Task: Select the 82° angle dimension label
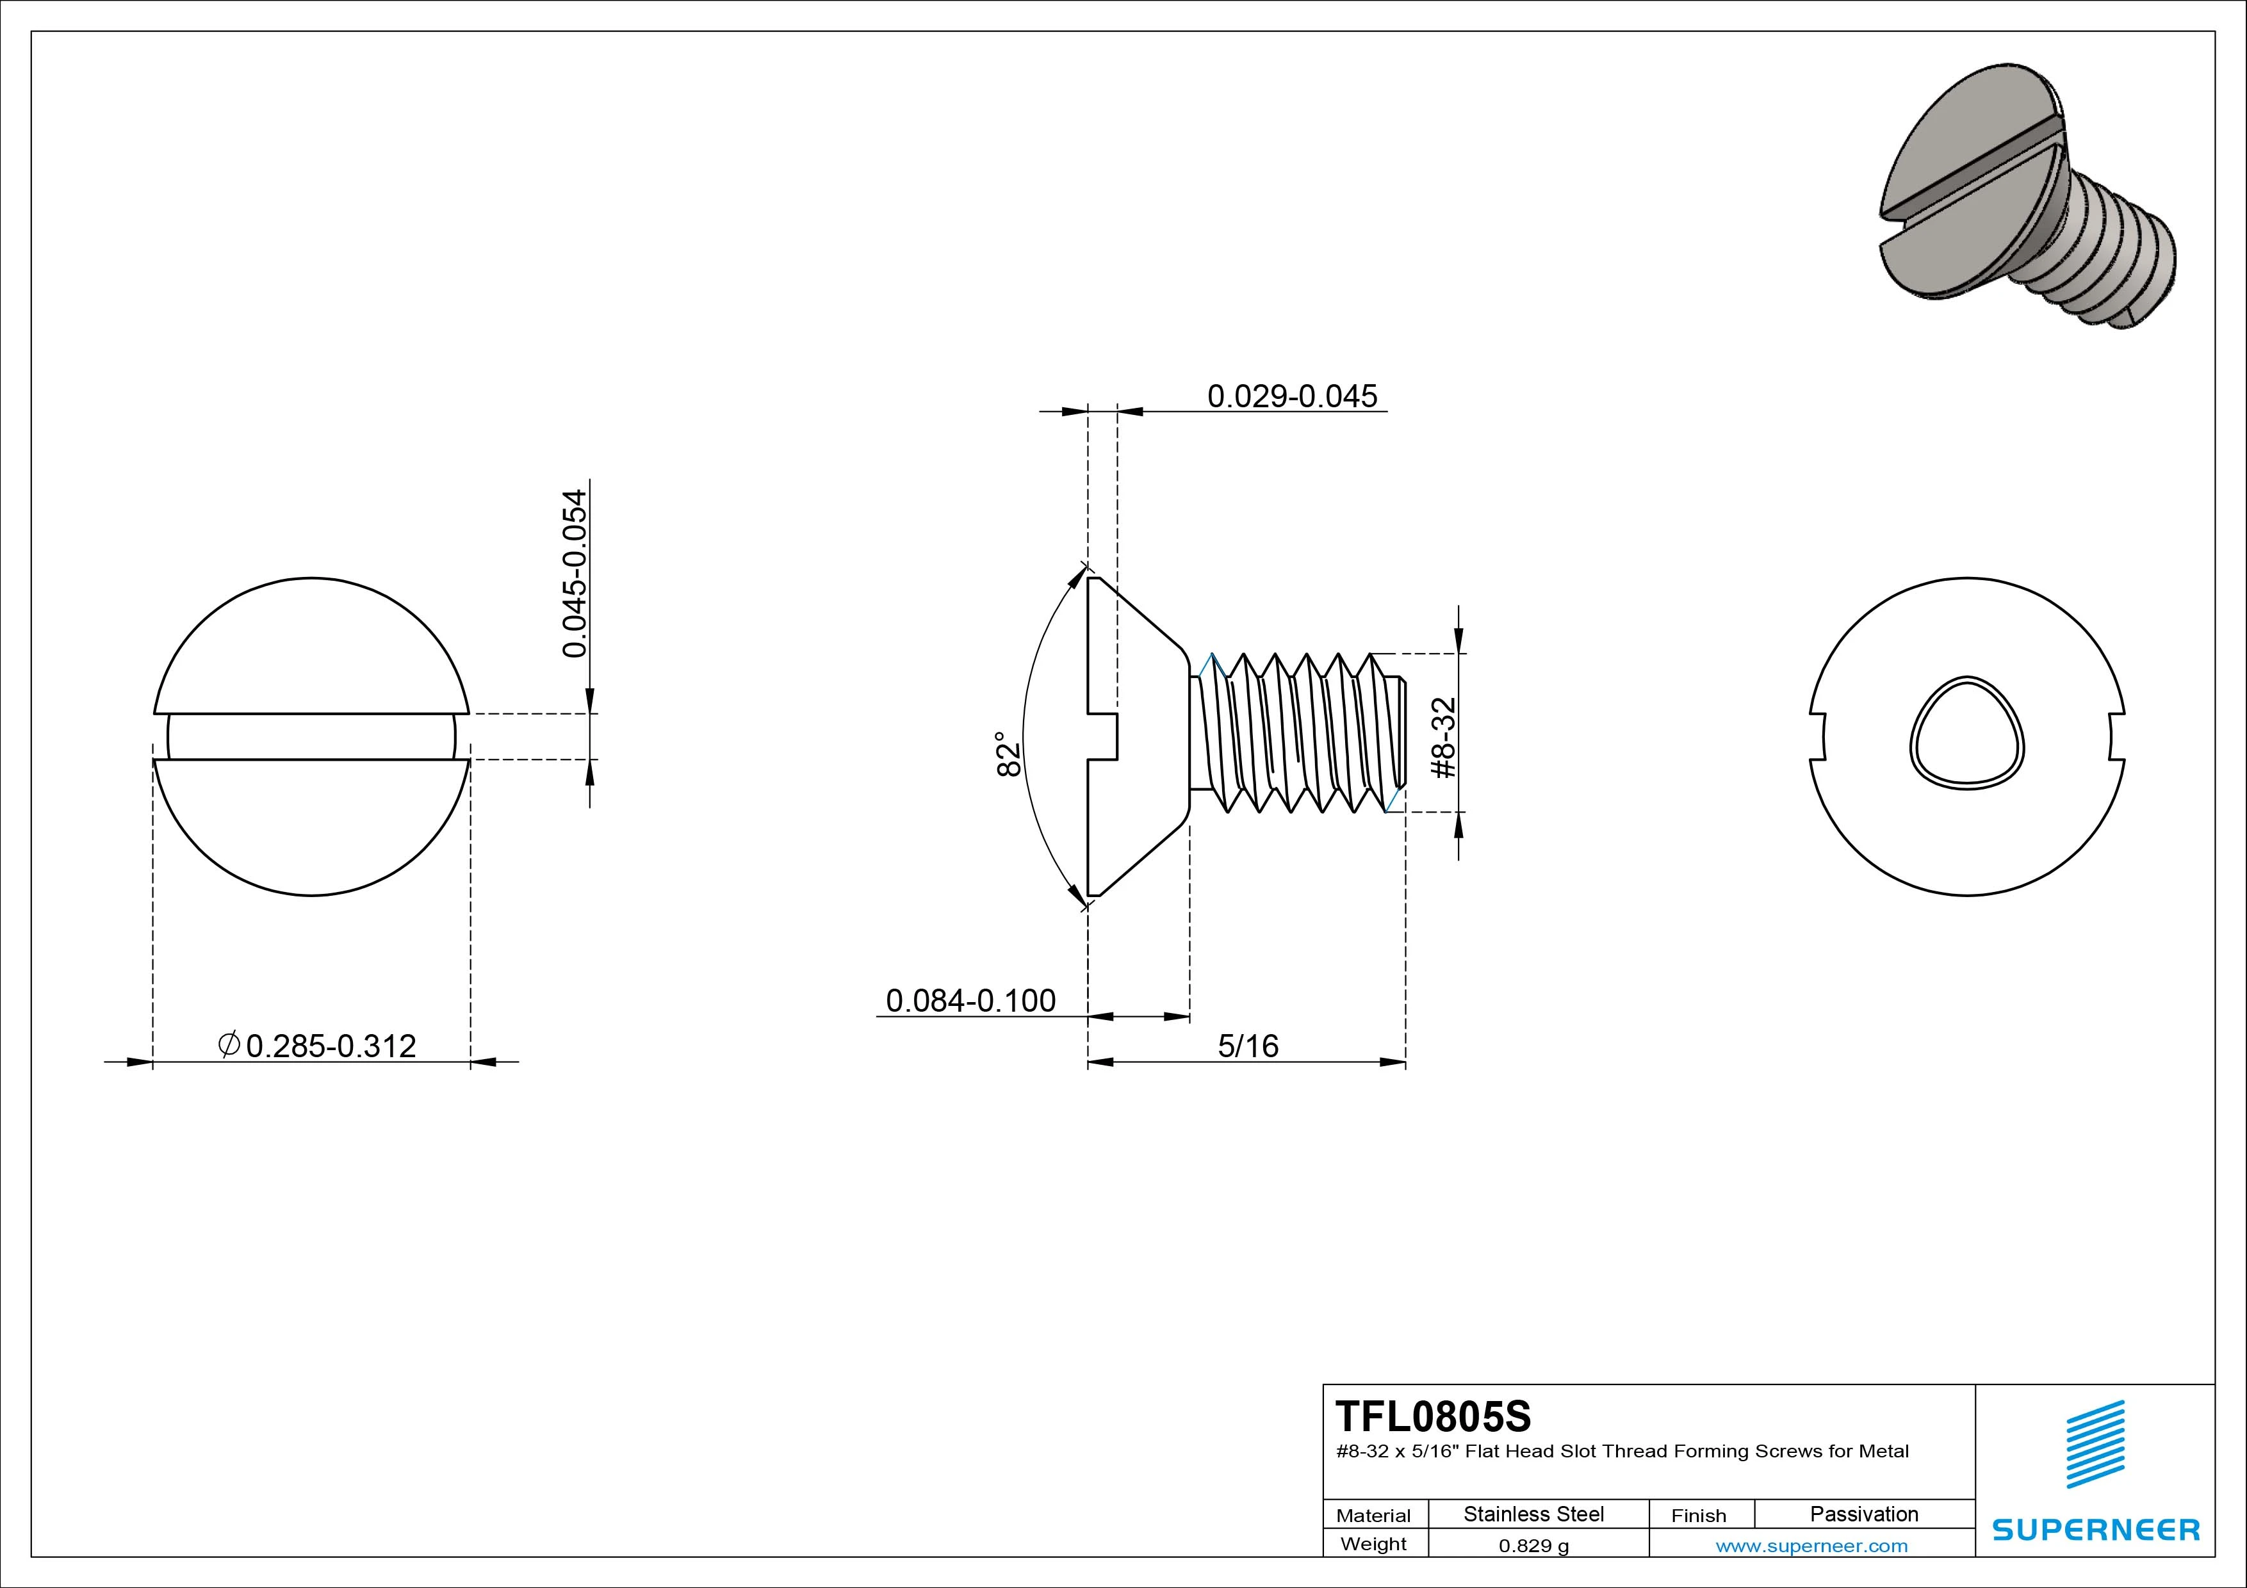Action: coord(1008,754)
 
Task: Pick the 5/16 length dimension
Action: coord(1248,1046)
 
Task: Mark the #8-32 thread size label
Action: coord(1444,738)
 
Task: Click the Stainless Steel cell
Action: coord(1533,1514)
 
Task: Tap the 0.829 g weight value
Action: coord(1533,1546)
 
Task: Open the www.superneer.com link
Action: coord(1811,1546)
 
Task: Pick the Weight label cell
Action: coord(1373,1544)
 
